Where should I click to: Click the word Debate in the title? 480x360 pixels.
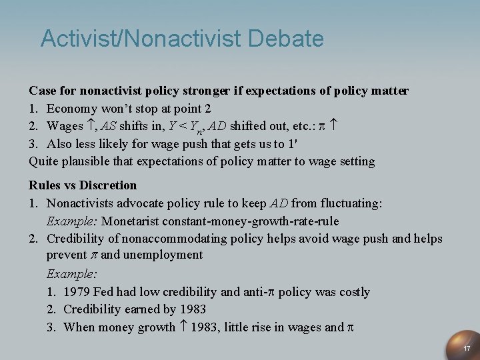286,39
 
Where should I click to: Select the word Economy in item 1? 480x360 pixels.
73,107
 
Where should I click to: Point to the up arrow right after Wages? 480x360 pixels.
88,125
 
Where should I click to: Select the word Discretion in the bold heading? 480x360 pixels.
109,185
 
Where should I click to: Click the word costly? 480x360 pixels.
351,291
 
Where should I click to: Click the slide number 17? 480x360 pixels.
467,349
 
